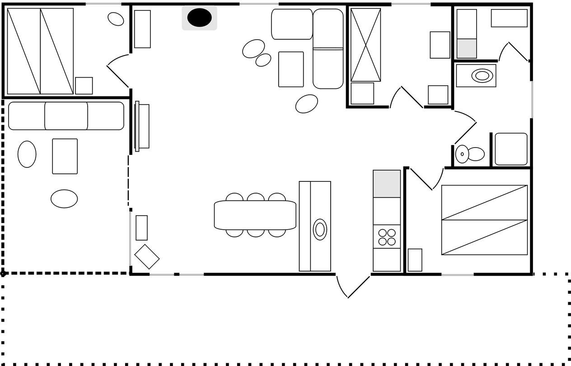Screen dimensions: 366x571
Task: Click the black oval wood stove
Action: tap(199, 18)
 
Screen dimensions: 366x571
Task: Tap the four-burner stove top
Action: tap(387, 237)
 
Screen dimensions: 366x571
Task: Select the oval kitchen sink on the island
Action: tap(320, 229)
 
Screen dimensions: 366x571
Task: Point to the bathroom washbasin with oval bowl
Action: tap(482, 75)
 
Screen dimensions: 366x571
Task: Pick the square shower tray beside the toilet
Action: tap(511, 149)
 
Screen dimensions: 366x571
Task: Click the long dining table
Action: tap(255, 215)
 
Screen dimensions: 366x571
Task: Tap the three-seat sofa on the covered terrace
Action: tap(66, 116)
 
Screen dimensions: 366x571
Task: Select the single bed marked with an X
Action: tap(365, 45)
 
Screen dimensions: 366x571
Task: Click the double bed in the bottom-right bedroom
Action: tap(484, 220)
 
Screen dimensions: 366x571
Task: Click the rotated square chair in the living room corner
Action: tap(147, 256)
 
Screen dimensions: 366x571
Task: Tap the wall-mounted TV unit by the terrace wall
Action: tap(142, 126)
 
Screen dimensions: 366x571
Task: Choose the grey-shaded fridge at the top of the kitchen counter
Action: tap(387, 184)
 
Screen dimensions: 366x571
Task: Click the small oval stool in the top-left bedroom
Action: tap(116, 19)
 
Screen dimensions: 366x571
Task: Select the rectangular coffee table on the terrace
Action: tap(65, 156)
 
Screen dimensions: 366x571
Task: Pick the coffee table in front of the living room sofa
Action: tap(291, 69)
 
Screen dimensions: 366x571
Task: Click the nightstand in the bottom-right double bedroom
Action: tap(415, 260)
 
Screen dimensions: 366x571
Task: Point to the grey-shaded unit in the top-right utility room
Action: tap(467, 48)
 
